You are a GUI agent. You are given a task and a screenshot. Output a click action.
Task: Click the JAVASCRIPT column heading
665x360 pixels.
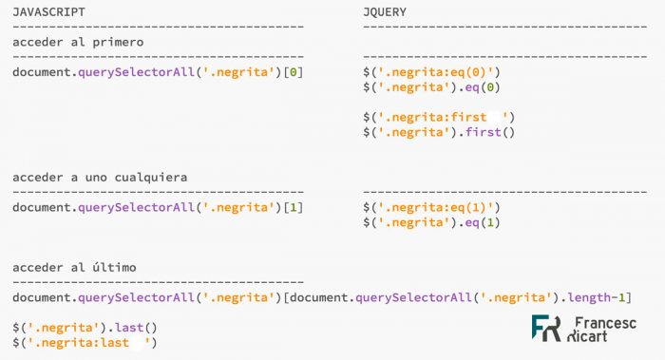[49, 10]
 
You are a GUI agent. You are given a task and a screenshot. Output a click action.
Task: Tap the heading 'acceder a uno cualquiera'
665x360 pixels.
[100, 178]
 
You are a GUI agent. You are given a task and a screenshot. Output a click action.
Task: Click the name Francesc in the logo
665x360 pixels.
[608, 322]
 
